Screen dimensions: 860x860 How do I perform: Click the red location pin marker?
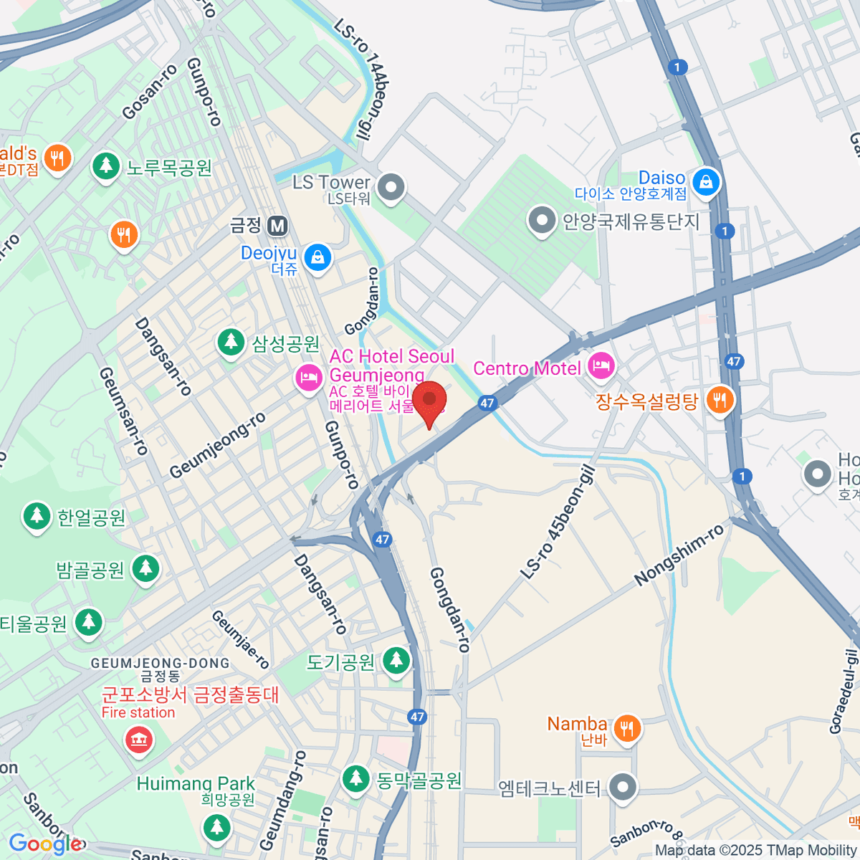pos(429,401)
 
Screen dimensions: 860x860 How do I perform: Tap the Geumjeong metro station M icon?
pos(277,226)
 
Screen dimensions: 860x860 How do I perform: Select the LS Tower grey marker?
pos(391,188)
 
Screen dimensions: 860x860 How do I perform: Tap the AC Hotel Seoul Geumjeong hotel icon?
pos(309,378)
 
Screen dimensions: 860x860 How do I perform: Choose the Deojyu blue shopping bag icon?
pos(316,257)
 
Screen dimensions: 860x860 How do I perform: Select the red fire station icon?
pos(138,739)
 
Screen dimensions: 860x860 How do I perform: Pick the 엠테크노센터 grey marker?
pos(622,787)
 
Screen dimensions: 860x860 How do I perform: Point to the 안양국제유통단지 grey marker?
pos(542,221)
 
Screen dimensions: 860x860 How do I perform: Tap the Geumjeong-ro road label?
pos(218,446)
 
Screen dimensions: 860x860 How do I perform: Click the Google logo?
pos(44,844)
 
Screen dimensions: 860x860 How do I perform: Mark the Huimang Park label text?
pos(196,783)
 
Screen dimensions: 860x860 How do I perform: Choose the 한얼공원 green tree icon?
pos(37,516)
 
